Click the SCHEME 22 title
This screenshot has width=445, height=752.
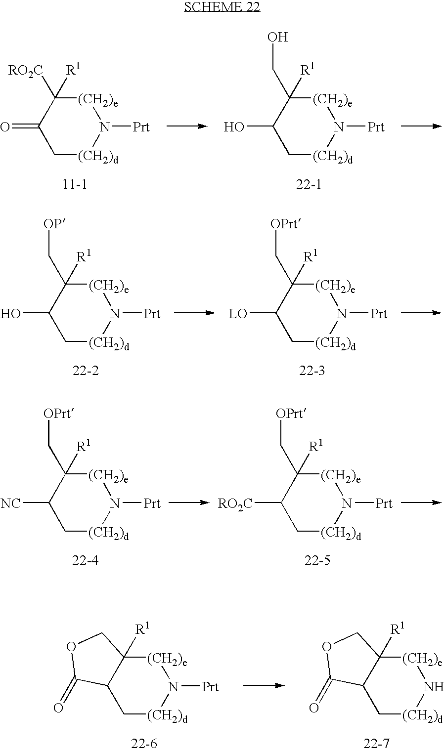point(222,7)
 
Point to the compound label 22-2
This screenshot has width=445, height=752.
point(86,371)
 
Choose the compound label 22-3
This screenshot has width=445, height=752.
point(312,371)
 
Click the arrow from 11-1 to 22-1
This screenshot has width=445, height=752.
point(186,126)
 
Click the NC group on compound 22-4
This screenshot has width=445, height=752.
point(11,503)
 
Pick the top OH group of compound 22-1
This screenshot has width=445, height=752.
point(277,38)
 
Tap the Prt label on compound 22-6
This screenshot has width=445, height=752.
point(210,686)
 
